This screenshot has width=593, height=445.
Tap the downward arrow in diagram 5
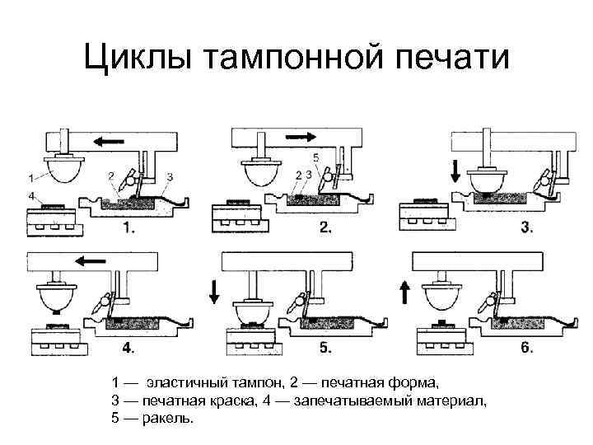click(215, 290)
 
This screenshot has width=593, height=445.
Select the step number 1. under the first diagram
click(129, 229)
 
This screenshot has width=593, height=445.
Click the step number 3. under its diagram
click(527, 229)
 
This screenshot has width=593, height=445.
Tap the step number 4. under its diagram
click(129, 349)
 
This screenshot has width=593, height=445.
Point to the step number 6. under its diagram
click(527, 349)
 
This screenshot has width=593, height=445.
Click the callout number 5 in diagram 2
click(317, 157)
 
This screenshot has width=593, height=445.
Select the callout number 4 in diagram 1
click(31, 196)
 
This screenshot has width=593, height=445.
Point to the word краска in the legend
click(220, 401)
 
